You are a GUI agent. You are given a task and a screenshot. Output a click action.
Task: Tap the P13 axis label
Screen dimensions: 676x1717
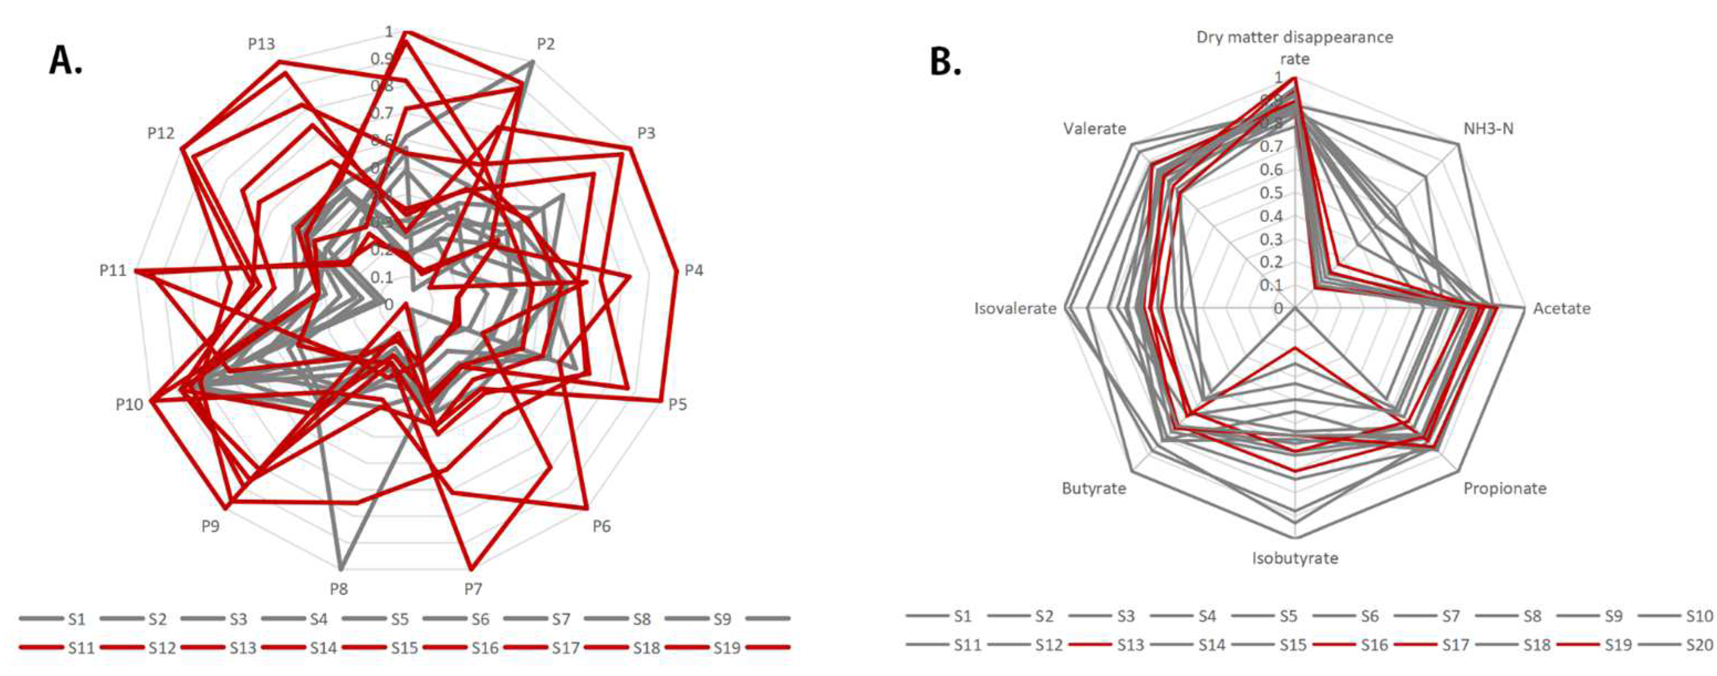click(x=261, y=44)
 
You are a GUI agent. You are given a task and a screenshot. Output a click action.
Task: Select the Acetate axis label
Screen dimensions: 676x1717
click(x=1562, y=308)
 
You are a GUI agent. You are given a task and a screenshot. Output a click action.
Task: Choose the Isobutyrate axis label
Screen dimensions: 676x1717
click(x=1295, y=558)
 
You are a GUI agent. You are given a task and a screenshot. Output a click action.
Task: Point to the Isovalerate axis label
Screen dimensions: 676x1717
click(x=1015, y=308)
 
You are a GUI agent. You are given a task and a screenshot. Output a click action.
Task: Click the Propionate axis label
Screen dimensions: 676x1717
click(x=1504, y=488)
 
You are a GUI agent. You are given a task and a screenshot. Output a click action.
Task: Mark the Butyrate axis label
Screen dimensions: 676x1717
click(x=1094, y=488)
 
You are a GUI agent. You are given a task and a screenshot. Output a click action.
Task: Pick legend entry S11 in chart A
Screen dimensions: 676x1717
click(x=81, y=647)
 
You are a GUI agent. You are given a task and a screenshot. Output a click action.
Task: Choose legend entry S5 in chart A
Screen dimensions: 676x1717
click(x=399, y=619)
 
